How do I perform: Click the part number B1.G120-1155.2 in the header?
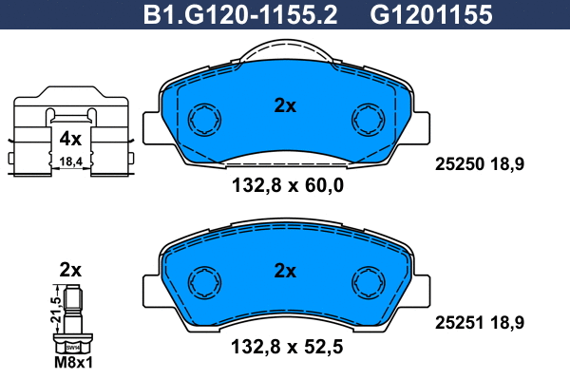[x=240, y=15]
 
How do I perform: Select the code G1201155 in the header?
[x=431, y=15]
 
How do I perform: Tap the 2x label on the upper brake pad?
[x=285, y=105]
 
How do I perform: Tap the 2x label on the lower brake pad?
[x=285, y=271]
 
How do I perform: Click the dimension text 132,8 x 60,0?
[x=288, y=185]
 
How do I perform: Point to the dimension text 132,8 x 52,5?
[x=287, y=347]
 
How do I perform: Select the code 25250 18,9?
[x=480, y=164]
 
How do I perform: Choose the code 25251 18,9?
[x=480, y=323]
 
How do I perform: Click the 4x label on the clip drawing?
[x=70, y=139]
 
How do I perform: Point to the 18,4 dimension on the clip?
[x=71, y=161]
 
